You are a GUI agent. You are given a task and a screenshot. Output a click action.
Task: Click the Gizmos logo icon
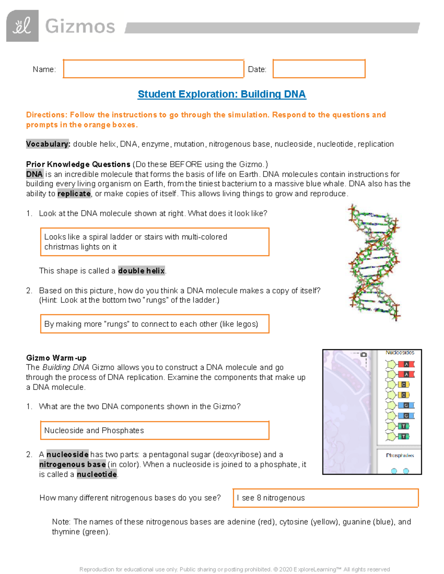(x=22, y=26)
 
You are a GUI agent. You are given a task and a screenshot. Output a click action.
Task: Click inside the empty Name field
(x=153, y=69)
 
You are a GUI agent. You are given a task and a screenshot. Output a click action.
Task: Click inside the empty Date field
(x=319, y=69)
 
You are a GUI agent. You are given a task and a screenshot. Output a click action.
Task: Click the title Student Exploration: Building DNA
(x=222, y=94)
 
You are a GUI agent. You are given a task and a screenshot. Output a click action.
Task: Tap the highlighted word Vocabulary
(x=48, y=144)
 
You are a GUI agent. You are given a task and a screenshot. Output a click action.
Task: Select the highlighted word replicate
(x=74, y=194)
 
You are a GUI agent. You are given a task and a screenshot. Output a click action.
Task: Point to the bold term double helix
(x=141, y=271)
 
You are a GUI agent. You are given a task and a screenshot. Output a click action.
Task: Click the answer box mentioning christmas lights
(x=154, y=242)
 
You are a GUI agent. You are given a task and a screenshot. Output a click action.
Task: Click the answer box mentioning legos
(x=154, y=324)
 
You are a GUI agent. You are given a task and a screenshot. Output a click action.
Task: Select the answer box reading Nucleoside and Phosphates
(x=154, y=430)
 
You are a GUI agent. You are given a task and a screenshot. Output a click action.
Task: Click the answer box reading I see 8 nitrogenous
(x=325, y=498)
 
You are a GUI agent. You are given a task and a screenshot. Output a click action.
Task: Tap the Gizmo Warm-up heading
(x=56, y=358)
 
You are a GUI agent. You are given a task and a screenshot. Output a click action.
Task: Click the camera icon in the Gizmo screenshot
(x=364, y=354)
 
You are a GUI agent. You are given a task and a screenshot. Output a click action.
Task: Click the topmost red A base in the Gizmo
(x=406, y=364)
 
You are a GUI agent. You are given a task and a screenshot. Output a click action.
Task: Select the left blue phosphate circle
(x=394, y=471)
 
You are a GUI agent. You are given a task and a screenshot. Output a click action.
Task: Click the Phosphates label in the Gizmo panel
(x=400, y=455)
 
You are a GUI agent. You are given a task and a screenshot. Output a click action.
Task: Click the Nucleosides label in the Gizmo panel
(x=400, y=353)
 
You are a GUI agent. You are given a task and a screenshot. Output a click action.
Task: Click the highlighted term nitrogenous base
(x=73, y=465)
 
